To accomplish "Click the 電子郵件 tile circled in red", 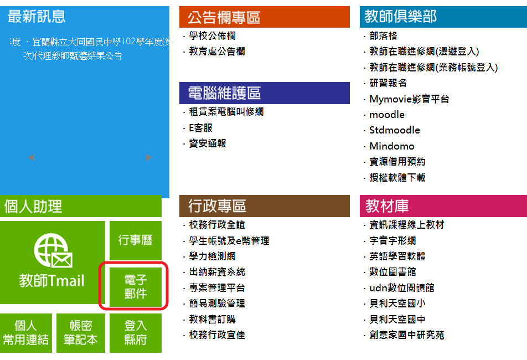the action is (x=136, y=287).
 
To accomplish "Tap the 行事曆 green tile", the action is (x=136, y=240).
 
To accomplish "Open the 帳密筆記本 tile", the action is (x=81, y=333).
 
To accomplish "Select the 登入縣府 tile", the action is (x=136, y=333).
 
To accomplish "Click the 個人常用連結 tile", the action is (x=26, y=333).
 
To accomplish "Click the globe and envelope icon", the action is (x=53, y=251).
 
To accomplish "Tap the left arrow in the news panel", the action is (x=31, y=157).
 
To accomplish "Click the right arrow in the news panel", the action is (x=149, y=157).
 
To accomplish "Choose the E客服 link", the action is (x=200, y=128).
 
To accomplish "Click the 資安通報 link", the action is (x=208, y=143).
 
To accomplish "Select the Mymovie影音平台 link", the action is (x=409, y=99).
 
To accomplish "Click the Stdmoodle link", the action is (x=395, y=130).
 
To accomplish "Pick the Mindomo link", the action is (x=392, y=146).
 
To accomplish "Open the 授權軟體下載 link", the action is (x=397, y=177).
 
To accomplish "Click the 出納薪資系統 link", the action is (x=217, y=272).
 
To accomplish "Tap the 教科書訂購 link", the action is (x=212, y=320).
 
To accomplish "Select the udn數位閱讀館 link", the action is (x=402, y=288).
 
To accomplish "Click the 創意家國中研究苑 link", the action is (x=407, y=335).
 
